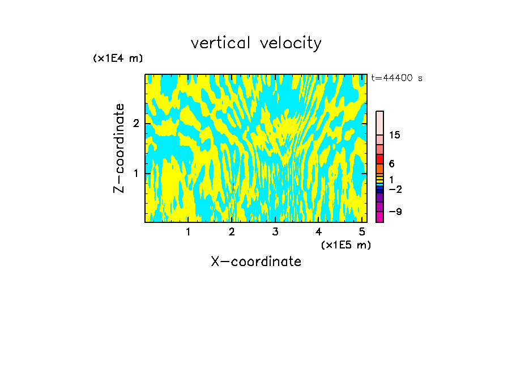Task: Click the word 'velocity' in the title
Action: tap(292, 43)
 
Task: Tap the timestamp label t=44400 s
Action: tap(396, 78)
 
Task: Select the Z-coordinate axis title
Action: tap(119, 149)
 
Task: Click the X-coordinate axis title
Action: tap(256, 262)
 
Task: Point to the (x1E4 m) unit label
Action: tap(118, 58)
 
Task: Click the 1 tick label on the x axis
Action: tap(188, 231)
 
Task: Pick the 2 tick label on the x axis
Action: tap(232, 231)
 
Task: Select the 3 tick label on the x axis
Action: tap(275, 231)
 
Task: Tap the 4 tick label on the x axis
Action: tap(318, 231)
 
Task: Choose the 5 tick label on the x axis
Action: tap(361, 231)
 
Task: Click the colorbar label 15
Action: tap(395, 135)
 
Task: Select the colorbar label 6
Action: tap(391, 163)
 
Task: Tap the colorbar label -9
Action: tap(395, 212)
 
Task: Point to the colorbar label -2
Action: tap(395, 189)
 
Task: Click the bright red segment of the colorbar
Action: tap(379, 159)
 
